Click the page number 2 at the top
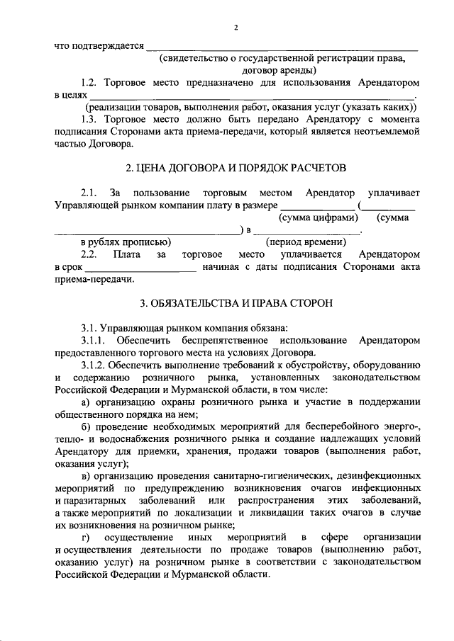(236, 28)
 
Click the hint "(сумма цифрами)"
(317, 219)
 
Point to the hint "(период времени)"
(306, 242)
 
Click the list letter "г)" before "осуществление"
(86, 538)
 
